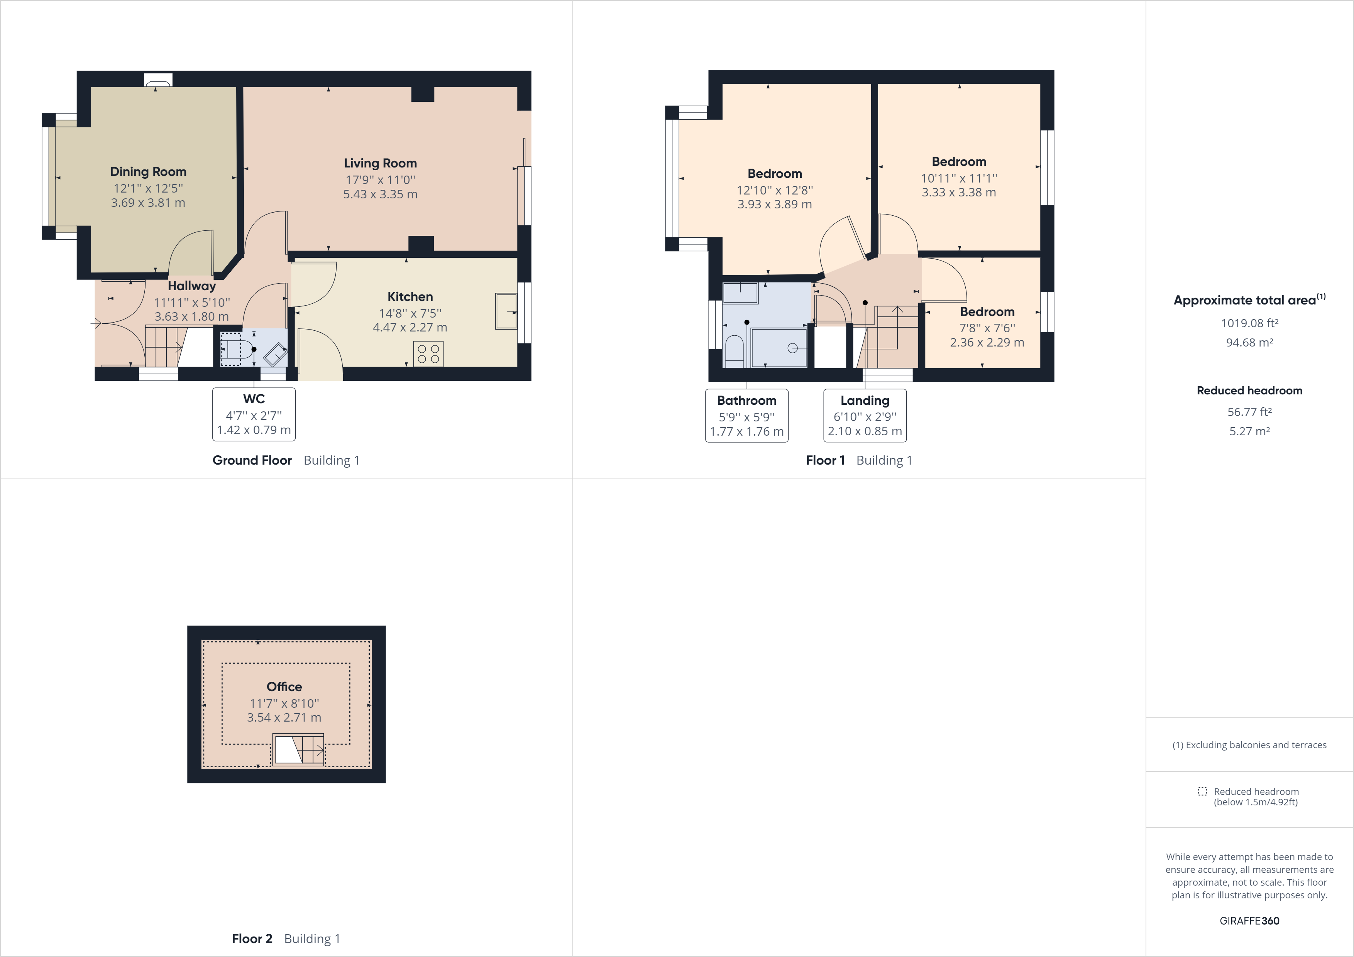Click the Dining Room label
click(x=148, y=172)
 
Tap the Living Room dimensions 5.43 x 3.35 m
click(x=380, y=194)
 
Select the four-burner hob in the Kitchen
click(x=428, y=354)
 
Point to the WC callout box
click(x=254, y=414)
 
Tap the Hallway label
click(x=192, y=286)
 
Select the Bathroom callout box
click(x=746, y=416)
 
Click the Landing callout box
click(x=865, y=416)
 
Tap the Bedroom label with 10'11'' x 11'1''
click(x=959, y=162)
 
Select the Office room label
click(x=284, y=687)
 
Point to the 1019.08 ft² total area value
click(x=1249, y=323)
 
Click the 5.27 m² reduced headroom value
click(x=1249, y=431)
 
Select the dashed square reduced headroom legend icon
click(x=1202, y=791)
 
